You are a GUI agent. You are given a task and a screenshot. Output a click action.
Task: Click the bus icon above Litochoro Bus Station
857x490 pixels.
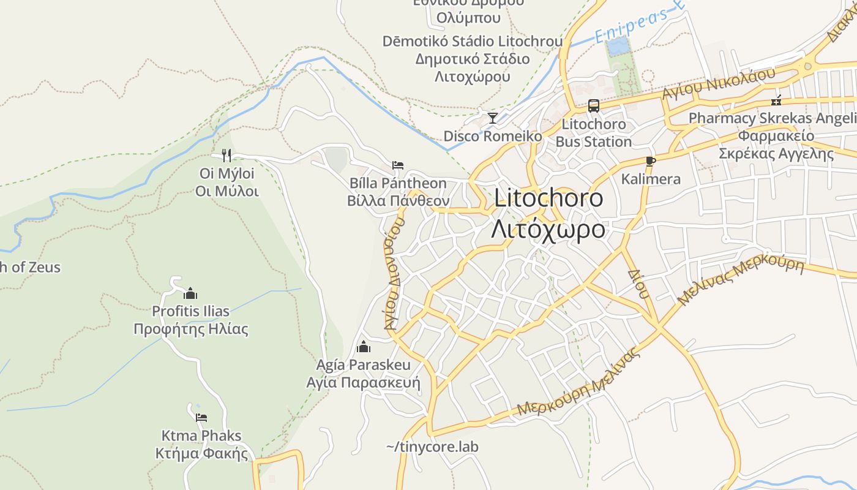coord(593,106)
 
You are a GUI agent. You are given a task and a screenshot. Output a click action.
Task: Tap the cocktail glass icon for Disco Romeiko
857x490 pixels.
coord(492,118)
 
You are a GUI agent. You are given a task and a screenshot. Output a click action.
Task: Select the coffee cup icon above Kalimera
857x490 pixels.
coord(650,162)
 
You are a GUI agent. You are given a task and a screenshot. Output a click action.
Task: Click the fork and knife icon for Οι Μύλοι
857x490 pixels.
coord(226,155)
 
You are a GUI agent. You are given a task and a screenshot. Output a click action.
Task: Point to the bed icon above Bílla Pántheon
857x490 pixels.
coord(398,165)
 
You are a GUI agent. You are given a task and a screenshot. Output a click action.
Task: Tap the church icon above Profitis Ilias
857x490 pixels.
coord(190,293)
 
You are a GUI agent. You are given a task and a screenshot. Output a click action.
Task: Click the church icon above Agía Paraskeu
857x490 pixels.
coord(364,347)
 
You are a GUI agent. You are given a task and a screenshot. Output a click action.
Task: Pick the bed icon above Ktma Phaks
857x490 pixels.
coord(201,418)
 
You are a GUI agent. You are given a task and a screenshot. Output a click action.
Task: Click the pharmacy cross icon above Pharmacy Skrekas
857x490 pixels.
coord(776,101)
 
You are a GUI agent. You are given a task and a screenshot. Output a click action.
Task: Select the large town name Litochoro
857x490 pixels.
coord(548,198)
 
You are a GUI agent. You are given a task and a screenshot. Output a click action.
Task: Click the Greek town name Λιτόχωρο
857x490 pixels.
coord(548,229)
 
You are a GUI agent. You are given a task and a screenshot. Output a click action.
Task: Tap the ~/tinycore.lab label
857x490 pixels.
coord(432,447)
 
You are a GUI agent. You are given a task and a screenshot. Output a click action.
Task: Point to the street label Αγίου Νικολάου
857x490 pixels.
coord(719,83)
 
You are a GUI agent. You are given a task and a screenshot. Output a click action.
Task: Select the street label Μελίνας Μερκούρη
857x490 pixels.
coord(741,281)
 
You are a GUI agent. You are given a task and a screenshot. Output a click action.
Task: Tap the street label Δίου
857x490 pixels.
coord(637,283)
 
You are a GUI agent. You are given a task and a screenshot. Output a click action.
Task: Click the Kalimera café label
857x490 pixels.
coord(651,179)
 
